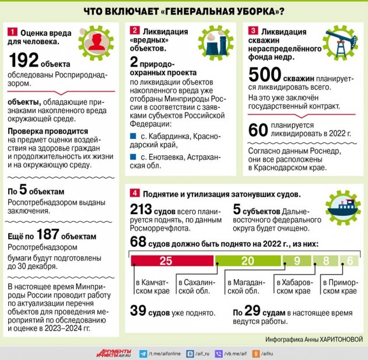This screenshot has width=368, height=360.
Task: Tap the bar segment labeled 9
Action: [297, 261]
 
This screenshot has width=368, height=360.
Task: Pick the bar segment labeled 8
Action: [326, 261]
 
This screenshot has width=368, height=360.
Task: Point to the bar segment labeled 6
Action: [350, 261]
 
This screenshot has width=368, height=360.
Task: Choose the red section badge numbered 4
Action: [135, 193]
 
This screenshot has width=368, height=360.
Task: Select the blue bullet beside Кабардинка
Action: [132, 136]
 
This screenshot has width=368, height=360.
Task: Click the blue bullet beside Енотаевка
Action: [132, 157]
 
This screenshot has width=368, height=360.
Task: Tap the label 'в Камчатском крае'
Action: [153, 286]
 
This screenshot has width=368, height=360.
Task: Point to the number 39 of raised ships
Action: [138, 312]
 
